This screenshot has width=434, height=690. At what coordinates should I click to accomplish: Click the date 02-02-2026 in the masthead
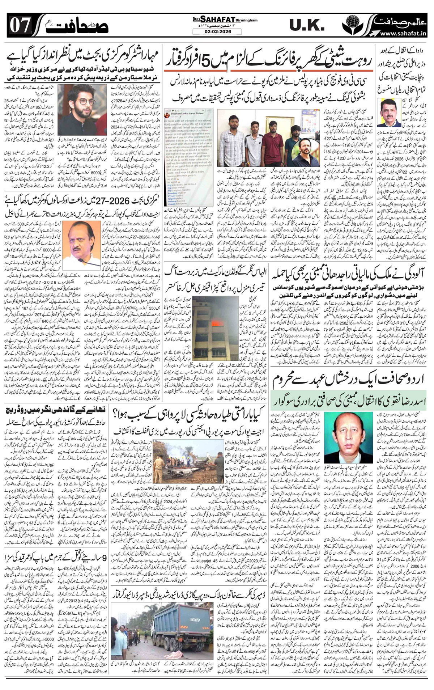coord(217,31)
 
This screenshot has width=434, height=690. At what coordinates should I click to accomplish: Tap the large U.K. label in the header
coord(305,25)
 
